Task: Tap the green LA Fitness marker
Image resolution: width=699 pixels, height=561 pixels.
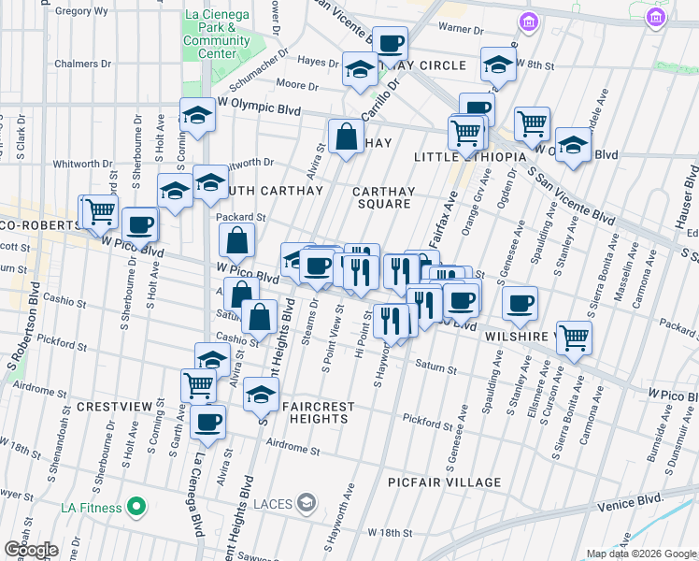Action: (x=136, y=508)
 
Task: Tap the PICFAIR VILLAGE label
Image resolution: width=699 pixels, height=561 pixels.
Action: (x=445, y=482)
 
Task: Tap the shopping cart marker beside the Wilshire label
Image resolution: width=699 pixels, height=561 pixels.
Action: (x=574, y=338)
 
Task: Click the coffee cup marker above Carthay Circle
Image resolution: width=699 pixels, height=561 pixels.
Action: (x=390, y=42)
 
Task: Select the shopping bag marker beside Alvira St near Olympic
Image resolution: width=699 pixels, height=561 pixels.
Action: (x=346, y=137)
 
